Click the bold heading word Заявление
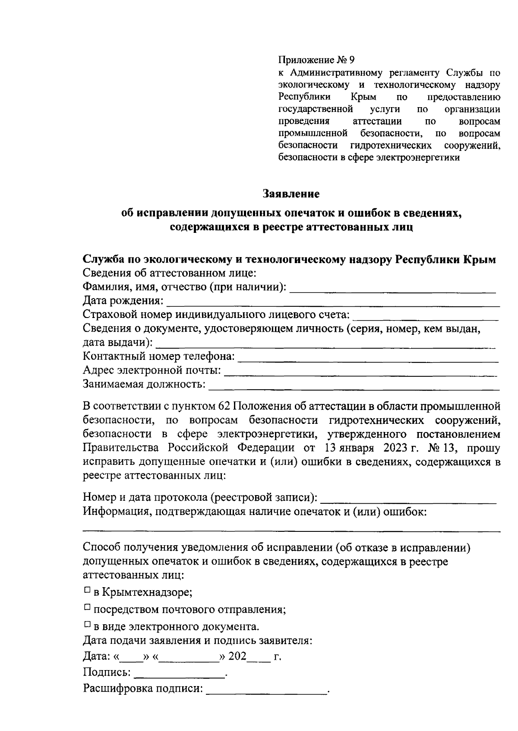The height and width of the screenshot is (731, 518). (291, 194)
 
